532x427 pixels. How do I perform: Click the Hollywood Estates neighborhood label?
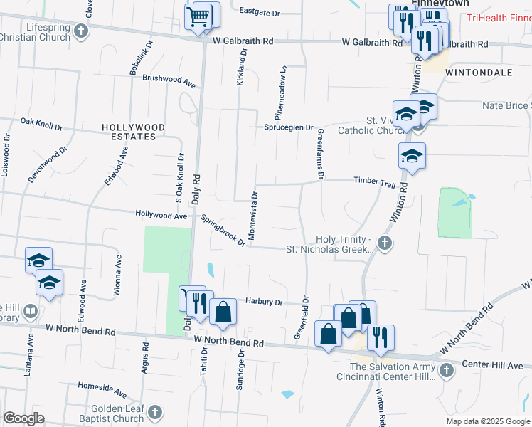(133, 132)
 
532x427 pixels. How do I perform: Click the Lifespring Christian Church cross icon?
(81, 31)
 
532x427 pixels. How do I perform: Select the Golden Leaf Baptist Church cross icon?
(154, 412)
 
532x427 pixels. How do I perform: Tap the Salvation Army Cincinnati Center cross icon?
(446, 370)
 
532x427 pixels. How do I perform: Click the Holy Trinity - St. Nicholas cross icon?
(385, 244)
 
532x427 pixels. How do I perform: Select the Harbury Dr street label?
(264, 302)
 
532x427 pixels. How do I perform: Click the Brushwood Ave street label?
(169, 80)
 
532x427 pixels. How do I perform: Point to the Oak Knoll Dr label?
(42, 125)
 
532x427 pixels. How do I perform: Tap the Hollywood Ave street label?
(161, 213)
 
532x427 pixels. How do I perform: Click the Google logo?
(24, 418)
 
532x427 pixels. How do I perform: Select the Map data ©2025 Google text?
(488, 421)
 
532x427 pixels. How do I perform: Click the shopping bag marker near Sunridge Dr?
(223, 311)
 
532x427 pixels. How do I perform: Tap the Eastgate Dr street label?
(260, 12)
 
